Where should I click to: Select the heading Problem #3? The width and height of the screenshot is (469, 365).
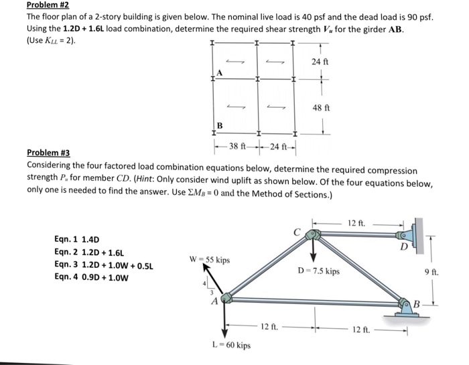(49, 153)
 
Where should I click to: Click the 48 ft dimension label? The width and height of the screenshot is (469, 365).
(321, 107)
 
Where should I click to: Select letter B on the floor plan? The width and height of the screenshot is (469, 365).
(219, 125)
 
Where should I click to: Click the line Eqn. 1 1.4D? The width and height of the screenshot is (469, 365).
(76, 239)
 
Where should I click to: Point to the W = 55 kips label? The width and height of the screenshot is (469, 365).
(210, 259)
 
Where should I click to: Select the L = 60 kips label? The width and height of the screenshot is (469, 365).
(231, 346)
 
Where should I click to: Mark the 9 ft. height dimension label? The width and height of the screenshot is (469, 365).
(431, 272)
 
